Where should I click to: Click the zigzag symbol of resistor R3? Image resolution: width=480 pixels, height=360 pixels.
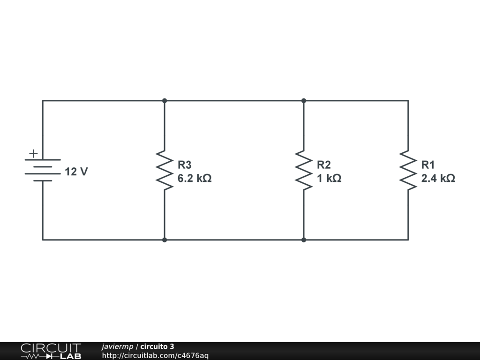point(165,170)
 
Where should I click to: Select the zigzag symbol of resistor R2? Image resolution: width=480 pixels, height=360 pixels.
point(304,170)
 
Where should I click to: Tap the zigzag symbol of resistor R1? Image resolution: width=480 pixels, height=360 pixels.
point(408,170)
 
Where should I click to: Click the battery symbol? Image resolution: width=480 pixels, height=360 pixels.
point(43,170)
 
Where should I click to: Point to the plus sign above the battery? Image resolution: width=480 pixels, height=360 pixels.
point(33,153)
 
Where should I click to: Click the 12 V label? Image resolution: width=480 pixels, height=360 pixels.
point(76,172)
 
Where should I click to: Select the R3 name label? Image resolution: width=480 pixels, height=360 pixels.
point(184,165)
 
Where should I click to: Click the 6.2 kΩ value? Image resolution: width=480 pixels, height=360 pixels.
point(194,179)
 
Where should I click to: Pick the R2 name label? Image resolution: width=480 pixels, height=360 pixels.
point(323,165)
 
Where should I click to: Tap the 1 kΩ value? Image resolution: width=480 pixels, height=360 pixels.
point(329,179)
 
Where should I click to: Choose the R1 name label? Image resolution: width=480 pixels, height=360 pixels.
point(428,165)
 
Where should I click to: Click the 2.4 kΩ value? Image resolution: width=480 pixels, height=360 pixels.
point(438,179)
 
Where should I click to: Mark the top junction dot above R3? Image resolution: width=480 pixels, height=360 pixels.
point(165,100)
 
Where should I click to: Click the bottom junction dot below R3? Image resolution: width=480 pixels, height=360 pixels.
point(165,240)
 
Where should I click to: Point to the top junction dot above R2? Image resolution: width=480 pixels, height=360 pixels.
point(304,100)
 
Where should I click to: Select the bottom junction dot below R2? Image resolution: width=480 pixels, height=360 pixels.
point(304,240)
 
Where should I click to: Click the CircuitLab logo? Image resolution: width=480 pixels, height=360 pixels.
point(51,351)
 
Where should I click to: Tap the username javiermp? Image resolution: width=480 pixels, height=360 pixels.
point(117,347)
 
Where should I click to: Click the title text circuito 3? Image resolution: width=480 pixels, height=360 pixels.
point(157,347)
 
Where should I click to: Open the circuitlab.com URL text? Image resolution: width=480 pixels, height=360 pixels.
point(155,356)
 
